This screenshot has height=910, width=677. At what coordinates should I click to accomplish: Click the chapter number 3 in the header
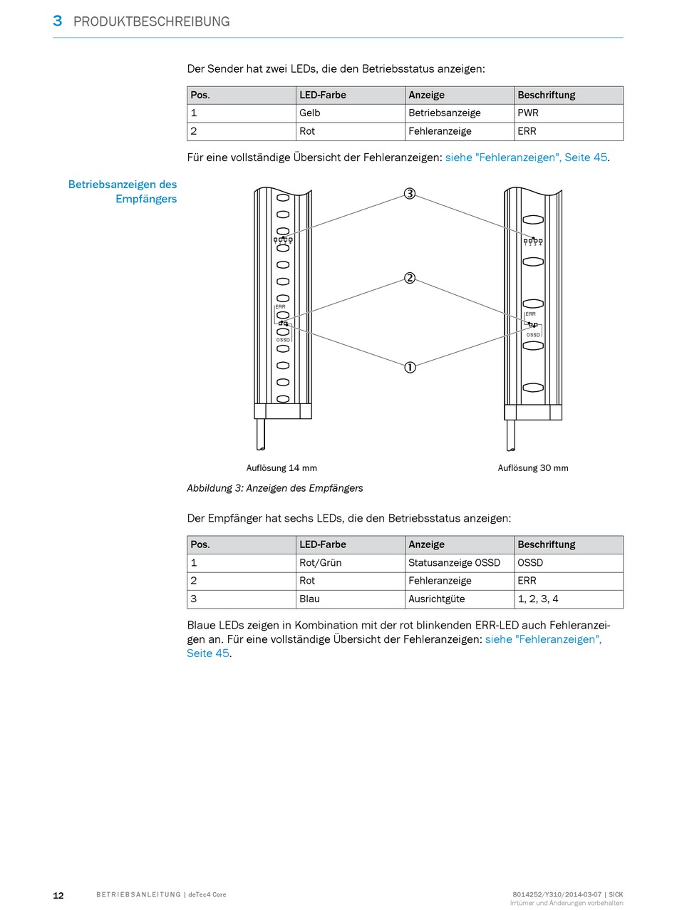[x=58, y=21]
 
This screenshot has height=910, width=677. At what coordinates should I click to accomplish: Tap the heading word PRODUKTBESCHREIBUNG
[x=151, y=21]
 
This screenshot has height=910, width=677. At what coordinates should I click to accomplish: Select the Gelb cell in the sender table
[x=310, y=113]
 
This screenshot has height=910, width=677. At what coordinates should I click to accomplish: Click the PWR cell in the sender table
[x=528, y=113]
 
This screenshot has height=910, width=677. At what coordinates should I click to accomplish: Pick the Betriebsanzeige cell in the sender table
[x=444, y=113]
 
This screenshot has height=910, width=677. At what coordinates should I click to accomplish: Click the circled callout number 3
[x=410, y=194]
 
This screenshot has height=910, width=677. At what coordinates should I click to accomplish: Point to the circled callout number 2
[x=410, y=278]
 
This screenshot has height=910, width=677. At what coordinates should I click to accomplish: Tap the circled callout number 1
[x=410, y=367]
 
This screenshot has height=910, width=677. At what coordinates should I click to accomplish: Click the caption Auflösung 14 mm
[x=281, y=468]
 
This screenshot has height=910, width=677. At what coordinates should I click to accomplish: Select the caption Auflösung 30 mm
[x=533, y=468]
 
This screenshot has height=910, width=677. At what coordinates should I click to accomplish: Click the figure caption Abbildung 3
[x=274, y=488]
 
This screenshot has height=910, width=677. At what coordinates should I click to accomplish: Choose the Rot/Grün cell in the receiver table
[x=321, y=562]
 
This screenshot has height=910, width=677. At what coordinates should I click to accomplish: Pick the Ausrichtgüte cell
[x=436, y=599]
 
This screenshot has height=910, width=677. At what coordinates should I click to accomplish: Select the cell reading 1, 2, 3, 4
[x=538, y=599]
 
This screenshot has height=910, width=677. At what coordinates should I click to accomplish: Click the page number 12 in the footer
[x=58, y=895]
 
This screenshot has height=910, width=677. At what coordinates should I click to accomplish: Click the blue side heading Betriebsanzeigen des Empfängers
[x=123, y=191]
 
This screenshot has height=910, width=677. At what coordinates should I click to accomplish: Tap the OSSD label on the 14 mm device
[x=283, y=340]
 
